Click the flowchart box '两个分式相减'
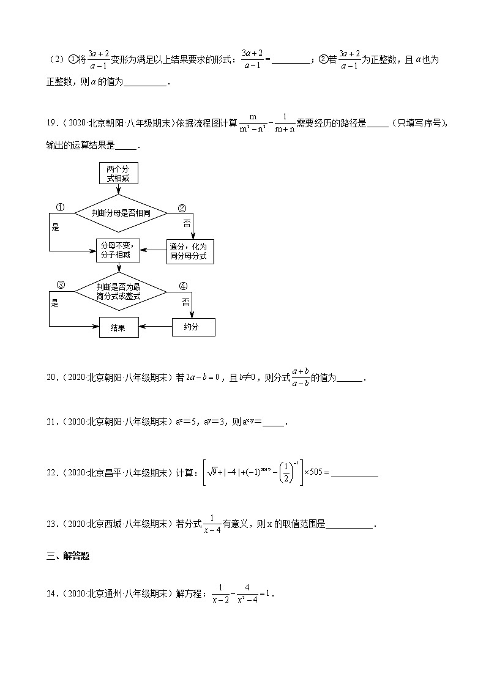click(118, 173)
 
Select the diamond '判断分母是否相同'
click(121, 213)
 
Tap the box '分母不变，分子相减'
click(118, 250)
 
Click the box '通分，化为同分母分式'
click(191, 251)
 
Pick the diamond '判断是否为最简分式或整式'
click(120, 291)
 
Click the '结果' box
click(119, 327)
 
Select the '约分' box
click(193, 327)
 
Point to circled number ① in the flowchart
click(61, 207)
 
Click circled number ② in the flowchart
click(181, 207)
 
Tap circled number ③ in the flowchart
click(61, 285)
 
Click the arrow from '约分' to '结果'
click(155, 327)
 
